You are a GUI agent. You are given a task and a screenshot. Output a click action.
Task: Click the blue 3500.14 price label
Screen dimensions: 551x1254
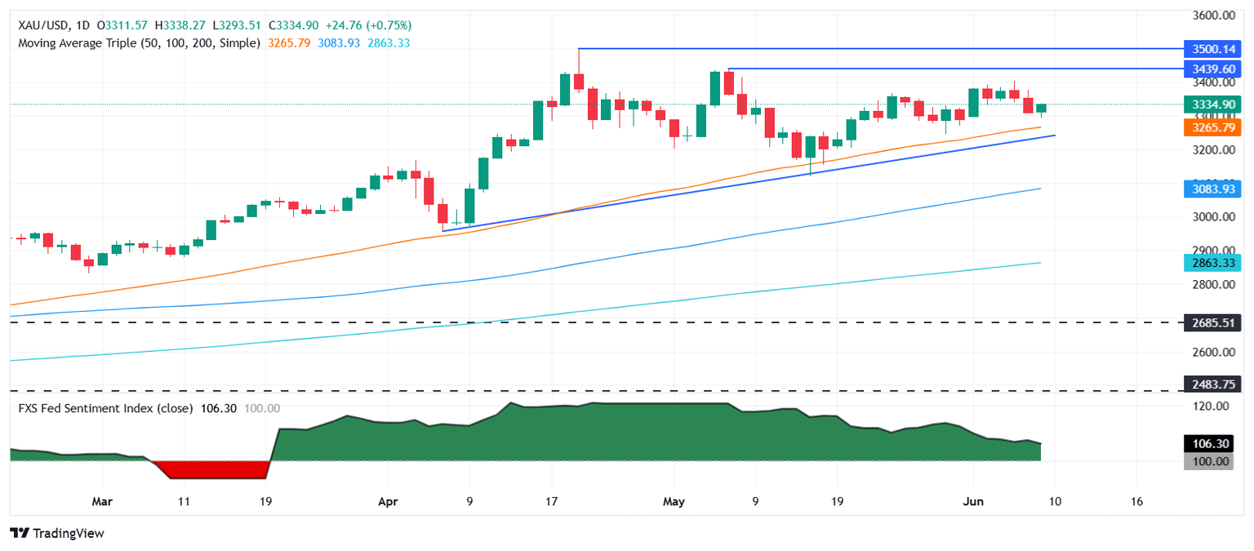click(x=1212, y=49)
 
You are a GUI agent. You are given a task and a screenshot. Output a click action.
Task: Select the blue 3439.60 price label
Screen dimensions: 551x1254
click(x=1212, y=69)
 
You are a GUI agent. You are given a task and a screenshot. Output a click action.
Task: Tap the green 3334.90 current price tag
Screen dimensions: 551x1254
click(x=1212, y=104)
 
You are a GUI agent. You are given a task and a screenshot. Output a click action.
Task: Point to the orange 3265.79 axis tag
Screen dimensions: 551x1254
click(x=1212, y=127)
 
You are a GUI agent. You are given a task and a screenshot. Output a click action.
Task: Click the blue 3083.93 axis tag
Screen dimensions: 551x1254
click(x=1212, y=189)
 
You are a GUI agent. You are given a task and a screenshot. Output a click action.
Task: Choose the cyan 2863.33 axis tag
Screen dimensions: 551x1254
click(x=1212, y=263)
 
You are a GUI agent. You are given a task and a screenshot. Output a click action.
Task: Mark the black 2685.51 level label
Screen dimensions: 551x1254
click(x=1212, y=322)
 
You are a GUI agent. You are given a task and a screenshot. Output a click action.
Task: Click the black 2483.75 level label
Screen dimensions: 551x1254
click(x=1212, y=391)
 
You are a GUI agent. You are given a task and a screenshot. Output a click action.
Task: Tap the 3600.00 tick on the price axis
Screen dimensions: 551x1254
click(x=1212, y=16)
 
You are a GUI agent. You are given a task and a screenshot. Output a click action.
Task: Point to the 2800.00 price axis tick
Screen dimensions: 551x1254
click(x=1212, y=285)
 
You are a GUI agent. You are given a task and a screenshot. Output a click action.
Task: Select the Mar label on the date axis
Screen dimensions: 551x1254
click(x=102, y=500)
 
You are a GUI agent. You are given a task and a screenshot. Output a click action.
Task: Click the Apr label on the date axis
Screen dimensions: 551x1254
click(x=387, y=500)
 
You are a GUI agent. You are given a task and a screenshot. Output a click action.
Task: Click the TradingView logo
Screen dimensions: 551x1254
click(x=57, y=533)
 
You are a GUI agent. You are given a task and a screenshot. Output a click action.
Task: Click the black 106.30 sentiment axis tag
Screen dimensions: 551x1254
click(x=1212, y=443)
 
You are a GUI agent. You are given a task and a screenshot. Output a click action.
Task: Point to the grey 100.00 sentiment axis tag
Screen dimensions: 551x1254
click(x=1212, y=462)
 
